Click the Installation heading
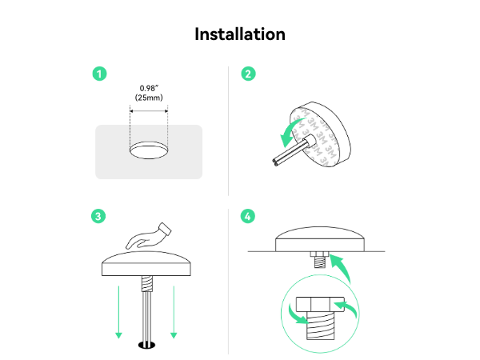tap(240, 34)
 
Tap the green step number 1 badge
tap(99, 74)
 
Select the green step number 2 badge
tap(248, 74)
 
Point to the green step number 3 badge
tap(98, 216)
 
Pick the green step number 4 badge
tap(248, 216)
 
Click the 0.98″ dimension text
tap(149, 89)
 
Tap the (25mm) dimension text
tap(149, 98)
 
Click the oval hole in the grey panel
tap(149, 150)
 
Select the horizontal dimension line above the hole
tap(149, 111)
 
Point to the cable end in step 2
tap(275, 162)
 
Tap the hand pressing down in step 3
tap(149, 236)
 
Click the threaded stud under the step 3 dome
tap(146, 284)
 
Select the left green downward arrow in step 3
tap(118, 312)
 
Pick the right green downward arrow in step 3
tap(174, 312)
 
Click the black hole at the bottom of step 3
tap(147, 346)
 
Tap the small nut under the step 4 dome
tap(319, 254)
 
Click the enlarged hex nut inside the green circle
tap(320, 304)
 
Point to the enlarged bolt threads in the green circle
tap(320, 326)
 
